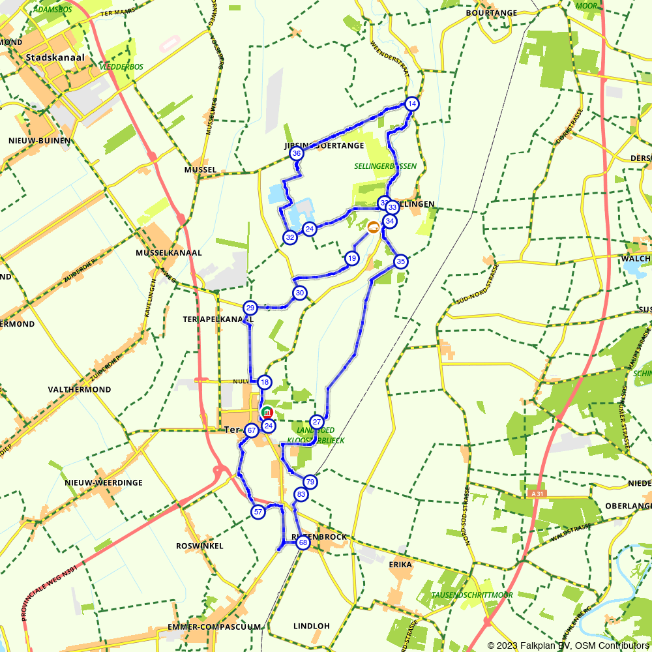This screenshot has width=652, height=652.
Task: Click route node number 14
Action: point(411,104)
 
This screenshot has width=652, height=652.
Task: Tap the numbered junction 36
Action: point(297,154)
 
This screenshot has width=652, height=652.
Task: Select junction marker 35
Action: point(400,262)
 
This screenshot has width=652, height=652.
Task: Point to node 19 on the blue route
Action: point(352,259)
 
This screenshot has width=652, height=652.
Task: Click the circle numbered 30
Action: point(299,293)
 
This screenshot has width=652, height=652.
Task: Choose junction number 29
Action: point(250,308)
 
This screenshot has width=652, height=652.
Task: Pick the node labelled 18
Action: point(264,383)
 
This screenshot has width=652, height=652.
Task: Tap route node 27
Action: point(317,422)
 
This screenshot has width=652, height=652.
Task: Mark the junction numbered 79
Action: point(310,482)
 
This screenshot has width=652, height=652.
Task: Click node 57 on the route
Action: point(258,512)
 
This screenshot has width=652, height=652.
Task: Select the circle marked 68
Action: point(303,542)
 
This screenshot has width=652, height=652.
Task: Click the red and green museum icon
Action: point(267,412)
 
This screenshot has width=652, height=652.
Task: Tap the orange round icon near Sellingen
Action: point(373,227)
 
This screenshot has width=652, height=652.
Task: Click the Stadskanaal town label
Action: point(55,57)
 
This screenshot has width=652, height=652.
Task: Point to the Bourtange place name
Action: point(492,12)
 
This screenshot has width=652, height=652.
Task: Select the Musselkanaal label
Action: point(169,252)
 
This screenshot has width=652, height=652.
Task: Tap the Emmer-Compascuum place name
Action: point(214,627)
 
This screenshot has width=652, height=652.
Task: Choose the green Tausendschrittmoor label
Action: point(472,595)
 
